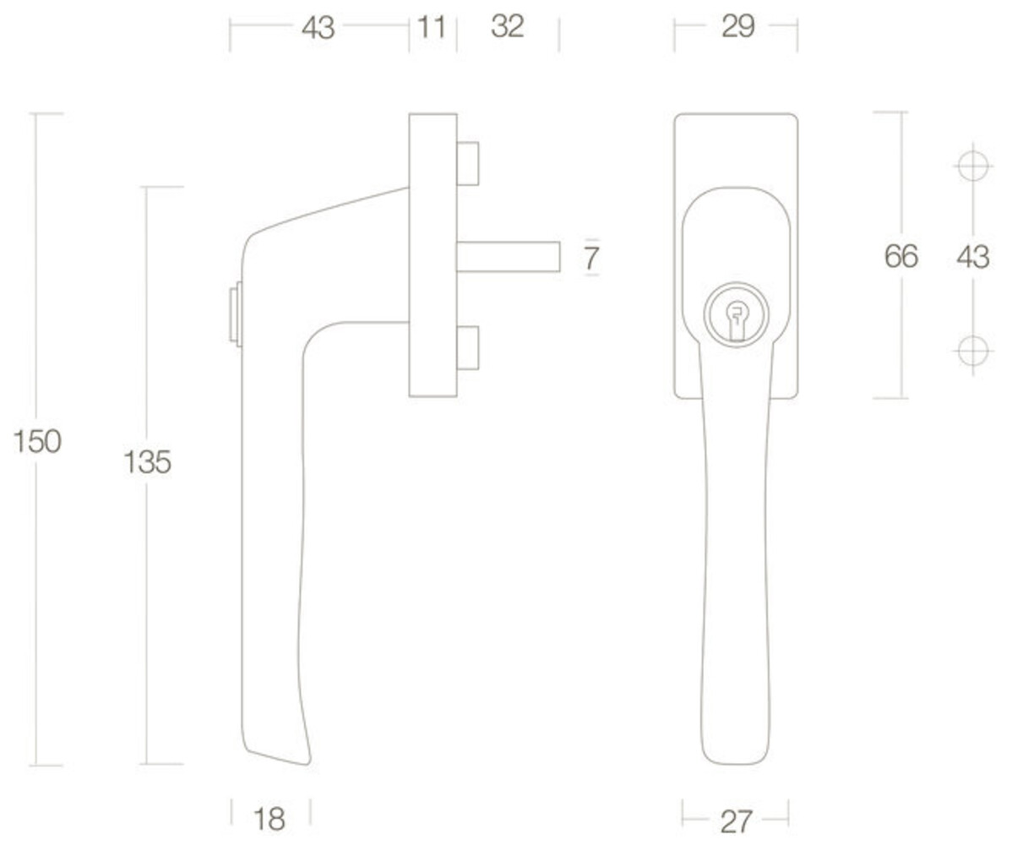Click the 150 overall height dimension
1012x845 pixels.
pyautogui.click(x=37, y=442)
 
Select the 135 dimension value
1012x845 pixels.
pyautogui.click(x=147, y=462)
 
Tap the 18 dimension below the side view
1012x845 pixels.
pyautogui.click(x=269, y=819)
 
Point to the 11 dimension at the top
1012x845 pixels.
pyautogui.click(x=432, y=27)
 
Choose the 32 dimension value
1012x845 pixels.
pyautogui.click(x=508, y=26)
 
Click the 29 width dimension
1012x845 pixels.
pyautogui.click(x=737, y=26)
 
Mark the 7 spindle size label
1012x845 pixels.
pyautogui.click(x=592, y=259)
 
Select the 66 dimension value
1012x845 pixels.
pyautogui.click(x=901, y=256)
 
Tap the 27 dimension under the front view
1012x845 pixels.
pyautogui.click(x=736, y=821)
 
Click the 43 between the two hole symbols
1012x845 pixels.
pyautogui.click(x=972, y=257)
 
